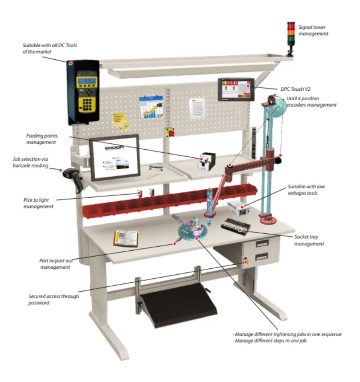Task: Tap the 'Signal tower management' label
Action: click(x=313, y=30)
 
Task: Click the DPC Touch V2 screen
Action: click(x=236, y=89)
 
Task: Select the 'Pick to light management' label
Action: click(x=38, y=203)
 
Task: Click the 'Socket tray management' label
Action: click(x=309, y=240)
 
